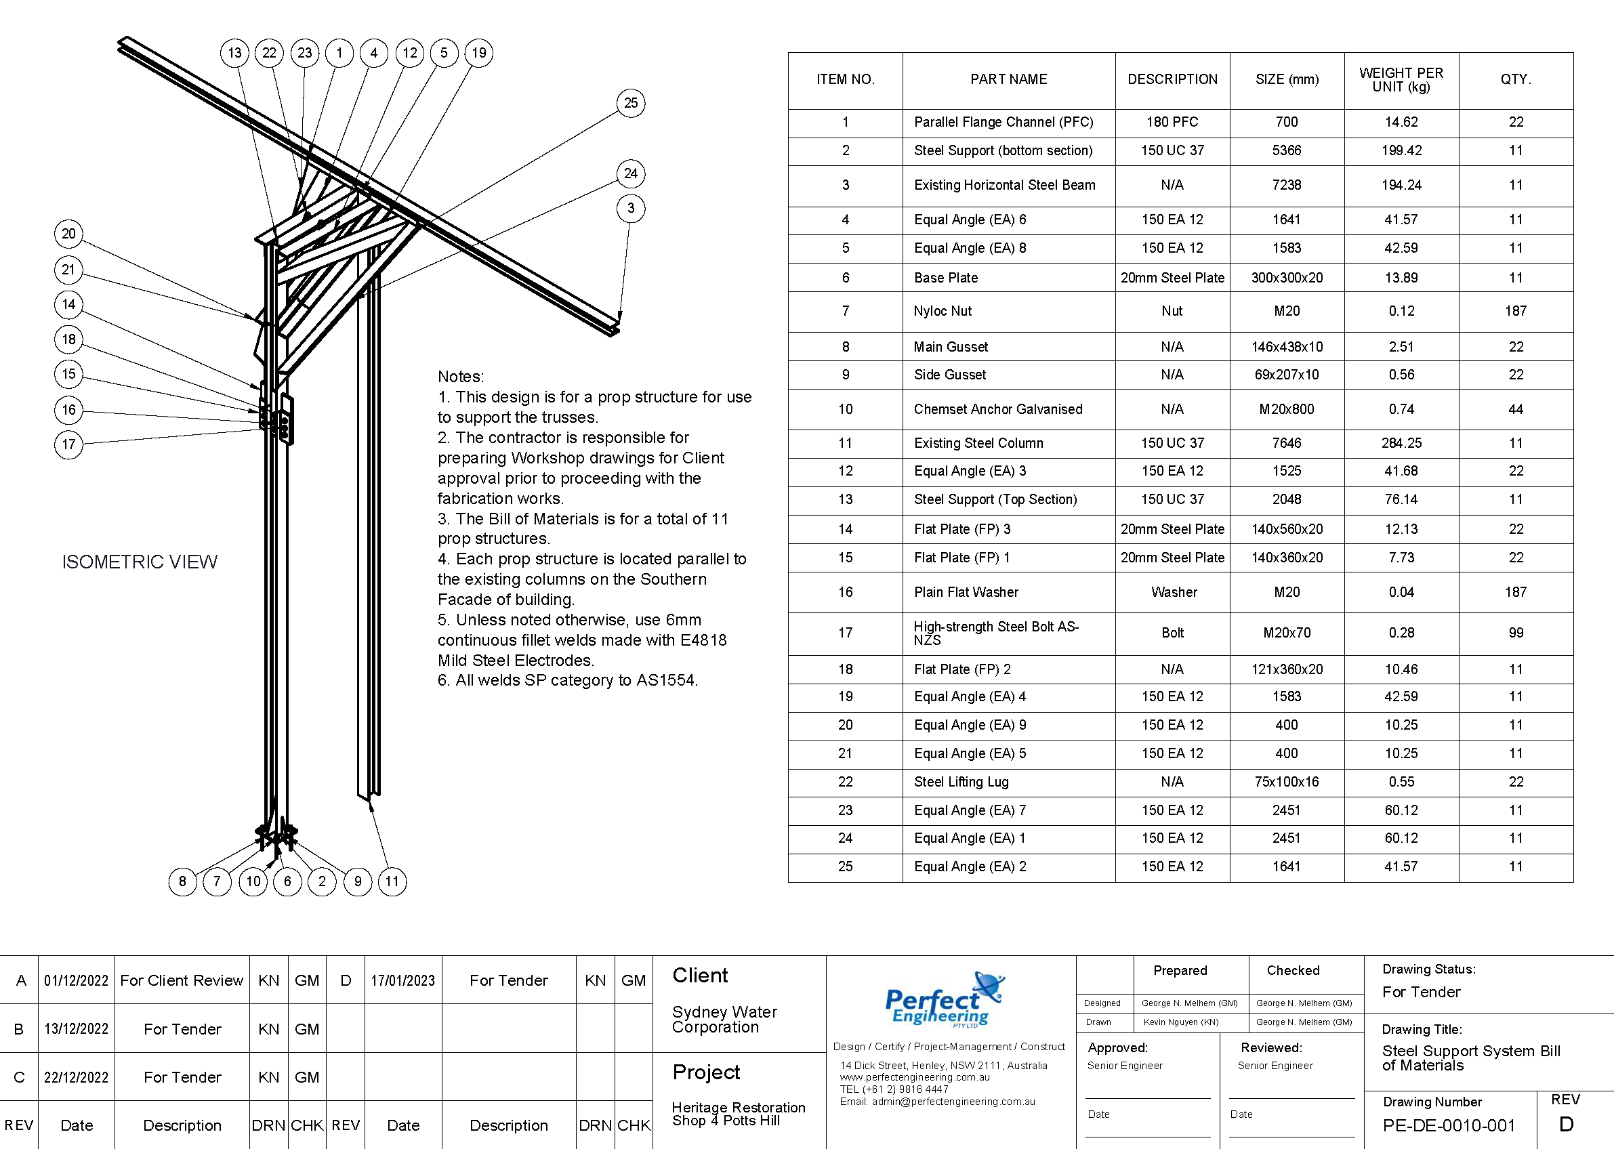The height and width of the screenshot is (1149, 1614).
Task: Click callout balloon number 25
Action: [630, 103]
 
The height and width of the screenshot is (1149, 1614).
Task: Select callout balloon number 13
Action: [234, 53]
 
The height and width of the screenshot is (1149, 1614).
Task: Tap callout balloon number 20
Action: [68, 234]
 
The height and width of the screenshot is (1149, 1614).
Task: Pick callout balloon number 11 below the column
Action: [392, 881]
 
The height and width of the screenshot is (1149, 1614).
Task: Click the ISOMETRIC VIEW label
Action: [140, 562]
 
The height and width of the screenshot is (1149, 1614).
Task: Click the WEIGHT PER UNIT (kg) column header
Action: [1401, 80]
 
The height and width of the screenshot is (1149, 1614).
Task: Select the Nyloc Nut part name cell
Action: [943, 312]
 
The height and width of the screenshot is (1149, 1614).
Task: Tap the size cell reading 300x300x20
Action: [1286, 278]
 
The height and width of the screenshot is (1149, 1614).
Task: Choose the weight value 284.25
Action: [1401, 444]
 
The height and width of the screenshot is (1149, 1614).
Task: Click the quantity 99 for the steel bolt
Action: [1516, 633]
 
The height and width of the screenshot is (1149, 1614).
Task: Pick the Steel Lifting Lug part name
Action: [961, 782]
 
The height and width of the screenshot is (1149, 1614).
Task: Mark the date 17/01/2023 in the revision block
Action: [402, 980]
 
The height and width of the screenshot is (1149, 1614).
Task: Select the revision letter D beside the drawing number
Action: [1566, 1125]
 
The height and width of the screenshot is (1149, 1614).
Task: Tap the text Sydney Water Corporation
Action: [724, 1020]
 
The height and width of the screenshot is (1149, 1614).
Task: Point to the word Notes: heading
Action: [461, 377]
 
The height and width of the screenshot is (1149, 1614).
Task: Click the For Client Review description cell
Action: [182, 980]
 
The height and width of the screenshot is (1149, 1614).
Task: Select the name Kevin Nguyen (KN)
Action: [1181, 1022]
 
